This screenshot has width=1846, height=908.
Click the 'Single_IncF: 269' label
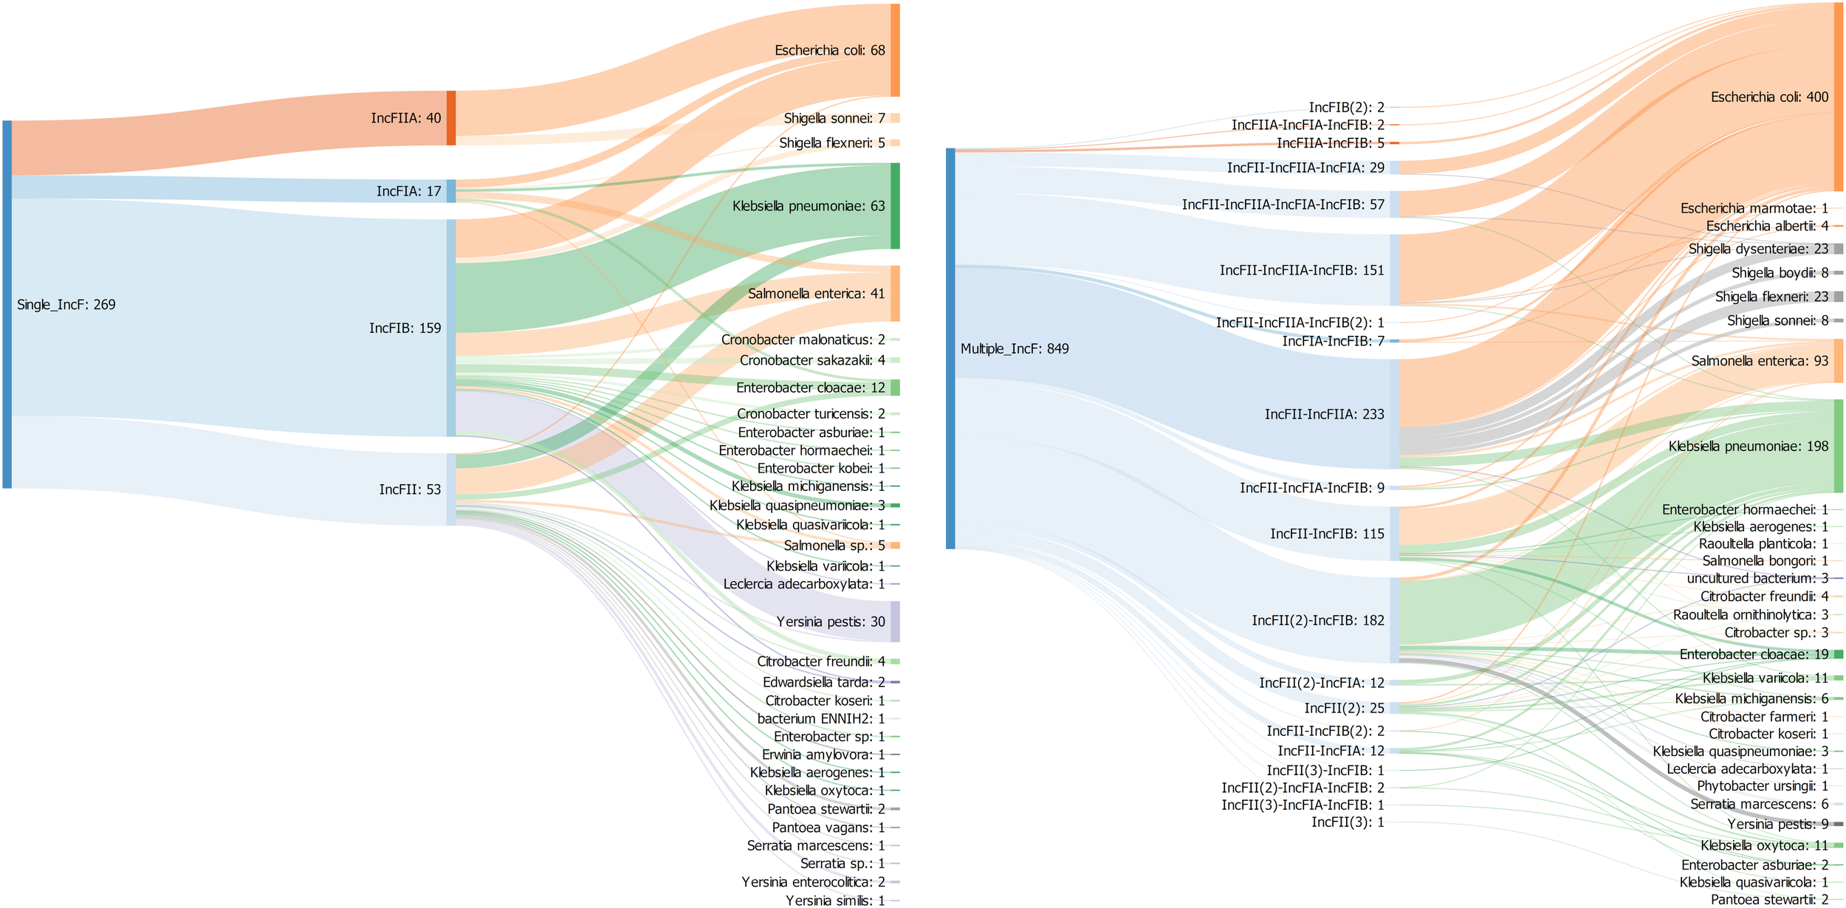(x=66, y=305)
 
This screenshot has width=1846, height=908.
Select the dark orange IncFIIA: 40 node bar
(x=451, y=118)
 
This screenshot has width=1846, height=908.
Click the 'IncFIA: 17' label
(x=408, y=192)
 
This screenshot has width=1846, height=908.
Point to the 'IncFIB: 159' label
(x=405, y=329)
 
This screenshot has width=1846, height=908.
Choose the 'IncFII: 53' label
(x=410, y=489)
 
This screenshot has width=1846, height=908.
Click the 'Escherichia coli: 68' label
(x=829, y=50)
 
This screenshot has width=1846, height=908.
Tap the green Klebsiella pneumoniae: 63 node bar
(x=895, y=206)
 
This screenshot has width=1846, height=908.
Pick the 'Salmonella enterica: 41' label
(x=816, y=294)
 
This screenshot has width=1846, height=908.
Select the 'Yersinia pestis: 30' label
(x=830, y=622)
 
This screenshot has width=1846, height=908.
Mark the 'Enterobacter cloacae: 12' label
(x=810, y=388)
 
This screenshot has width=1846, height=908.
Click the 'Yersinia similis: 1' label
(x=834, y=901)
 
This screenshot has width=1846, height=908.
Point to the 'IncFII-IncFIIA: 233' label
(x=1324, y=414)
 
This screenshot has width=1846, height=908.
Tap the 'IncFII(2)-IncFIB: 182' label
(x=1317, y=621)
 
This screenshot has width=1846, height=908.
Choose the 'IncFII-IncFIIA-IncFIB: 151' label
(x=1301, y=270)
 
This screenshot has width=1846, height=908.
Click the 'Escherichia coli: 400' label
(x=1769, y=97)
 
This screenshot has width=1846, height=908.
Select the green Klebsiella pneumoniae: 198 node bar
(x=1838, y=446)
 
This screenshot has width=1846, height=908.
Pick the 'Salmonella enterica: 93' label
(x=1760, y=361)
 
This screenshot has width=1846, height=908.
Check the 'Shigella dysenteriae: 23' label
(x=1758, y=249)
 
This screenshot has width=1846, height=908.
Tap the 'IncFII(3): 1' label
(x=1348, y=822)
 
